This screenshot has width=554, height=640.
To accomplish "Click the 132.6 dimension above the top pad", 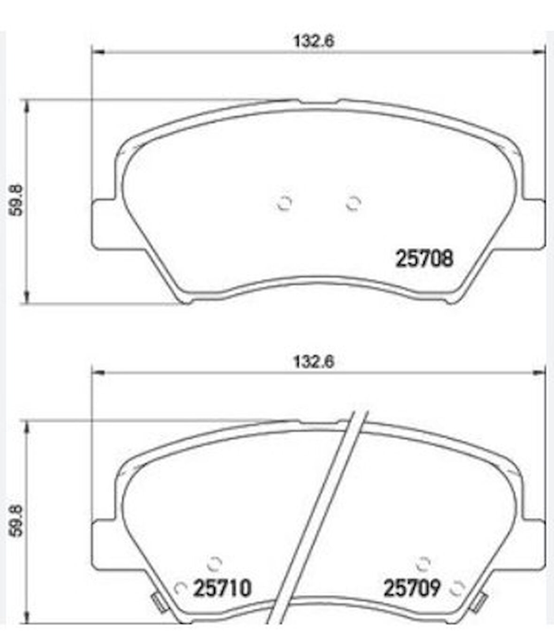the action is (x=314, y=41).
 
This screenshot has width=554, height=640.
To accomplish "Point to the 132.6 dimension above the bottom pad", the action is (x=314, y=362).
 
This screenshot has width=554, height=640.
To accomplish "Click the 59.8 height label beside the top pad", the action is (x=15, y=200).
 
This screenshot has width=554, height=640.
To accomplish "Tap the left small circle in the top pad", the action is (x=284, y=203).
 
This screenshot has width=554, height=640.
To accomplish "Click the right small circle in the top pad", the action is (x=353, y=203).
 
